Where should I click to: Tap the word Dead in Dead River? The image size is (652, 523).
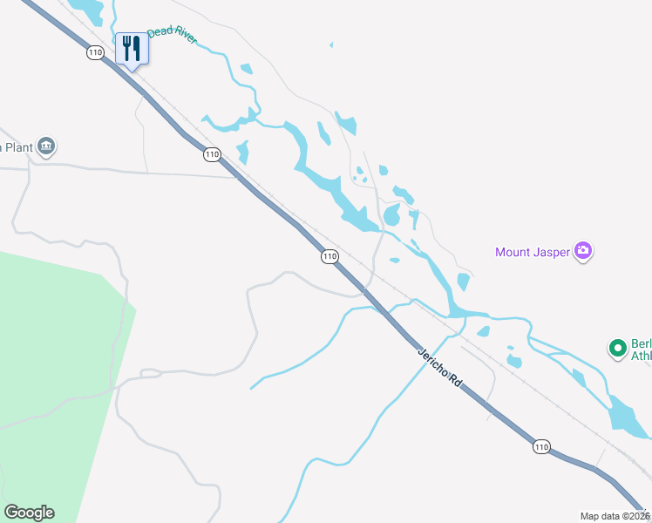click(159, 33)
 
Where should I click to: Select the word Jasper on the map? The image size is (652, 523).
click(553, 253)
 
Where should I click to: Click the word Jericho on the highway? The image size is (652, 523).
click(433, 361)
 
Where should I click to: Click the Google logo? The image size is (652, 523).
click(29, 513)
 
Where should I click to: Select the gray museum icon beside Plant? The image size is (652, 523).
click(47, 146)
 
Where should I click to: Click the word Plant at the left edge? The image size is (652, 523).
click(17, 147)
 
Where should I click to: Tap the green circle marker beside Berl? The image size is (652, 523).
click(618, 349)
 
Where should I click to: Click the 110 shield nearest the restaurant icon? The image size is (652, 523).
click(95, 53)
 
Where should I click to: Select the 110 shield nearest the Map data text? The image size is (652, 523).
click(541, 447)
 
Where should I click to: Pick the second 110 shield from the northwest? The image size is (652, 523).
click(211, 154)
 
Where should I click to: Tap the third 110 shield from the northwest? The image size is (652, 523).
click(329, 256)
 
